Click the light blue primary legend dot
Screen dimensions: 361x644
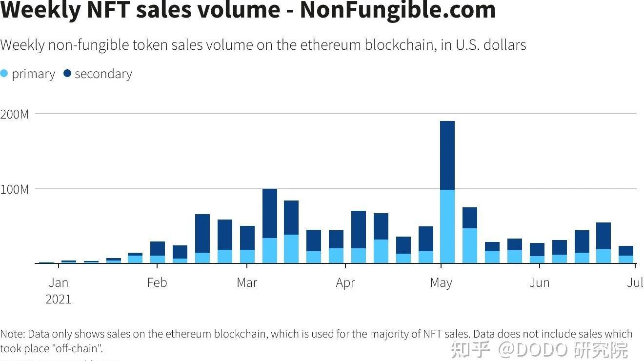pos(4,74)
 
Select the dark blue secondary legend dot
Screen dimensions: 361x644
pos(67,74)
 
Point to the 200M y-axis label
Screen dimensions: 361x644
pos(15,114)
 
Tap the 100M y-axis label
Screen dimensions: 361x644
pos(15,189)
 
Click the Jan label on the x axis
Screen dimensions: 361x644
pos(59,282)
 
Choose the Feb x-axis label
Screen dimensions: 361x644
pos(157,282)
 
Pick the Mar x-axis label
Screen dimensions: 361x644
pos(247,282)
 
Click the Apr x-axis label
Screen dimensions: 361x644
pos(345,282)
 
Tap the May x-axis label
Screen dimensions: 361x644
pos(441,282)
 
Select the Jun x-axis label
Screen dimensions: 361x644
pos(540,282)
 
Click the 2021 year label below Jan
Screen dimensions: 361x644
pos(59,299)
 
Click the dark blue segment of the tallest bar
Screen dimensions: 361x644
pos(447,155)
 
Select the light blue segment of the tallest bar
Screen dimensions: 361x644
pos(447,226)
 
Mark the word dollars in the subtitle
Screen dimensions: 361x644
pos(504,45)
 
